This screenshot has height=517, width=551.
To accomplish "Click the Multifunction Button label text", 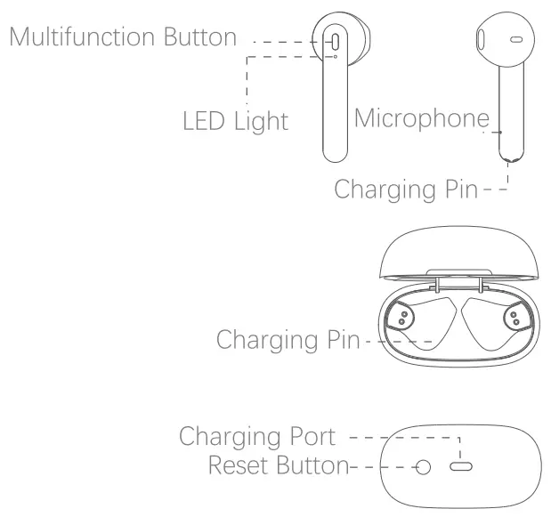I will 124,37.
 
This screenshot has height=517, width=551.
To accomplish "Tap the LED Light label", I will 235,120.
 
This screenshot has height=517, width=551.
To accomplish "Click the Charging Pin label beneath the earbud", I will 405,189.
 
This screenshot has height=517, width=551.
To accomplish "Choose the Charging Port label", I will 256,437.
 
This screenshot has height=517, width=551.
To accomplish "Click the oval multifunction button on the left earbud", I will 335,42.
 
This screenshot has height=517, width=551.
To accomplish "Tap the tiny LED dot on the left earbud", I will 335,58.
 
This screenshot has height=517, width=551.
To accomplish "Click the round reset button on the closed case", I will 425,466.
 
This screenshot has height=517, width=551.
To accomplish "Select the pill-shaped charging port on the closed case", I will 460,466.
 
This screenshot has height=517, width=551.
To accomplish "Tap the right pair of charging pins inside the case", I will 515,319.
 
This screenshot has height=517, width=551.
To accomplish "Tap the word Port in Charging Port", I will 314,437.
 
